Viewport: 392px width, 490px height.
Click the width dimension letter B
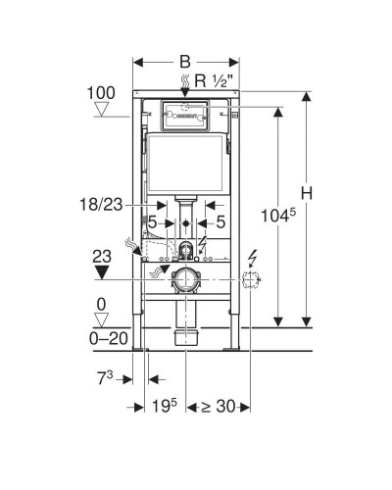coord(185,62)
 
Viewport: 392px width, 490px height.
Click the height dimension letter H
coord(307,193)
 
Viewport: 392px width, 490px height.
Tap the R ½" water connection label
coord(214,80)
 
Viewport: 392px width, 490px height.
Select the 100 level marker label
coord(101,93)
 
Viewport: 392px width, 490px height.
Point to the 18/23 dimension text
coord(101,205)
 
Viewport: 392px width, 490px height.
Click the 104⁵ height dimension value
coord(278,216)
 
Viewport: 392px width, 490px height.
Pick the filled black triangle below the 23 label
coord(101,272)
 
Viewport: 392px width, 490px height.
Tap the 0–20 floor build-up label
coord(109,338)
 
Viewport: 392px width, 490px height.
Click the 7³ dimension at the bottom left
coord(105,378)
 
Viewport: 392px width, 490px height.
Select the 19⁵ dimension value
coord(165,406)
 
